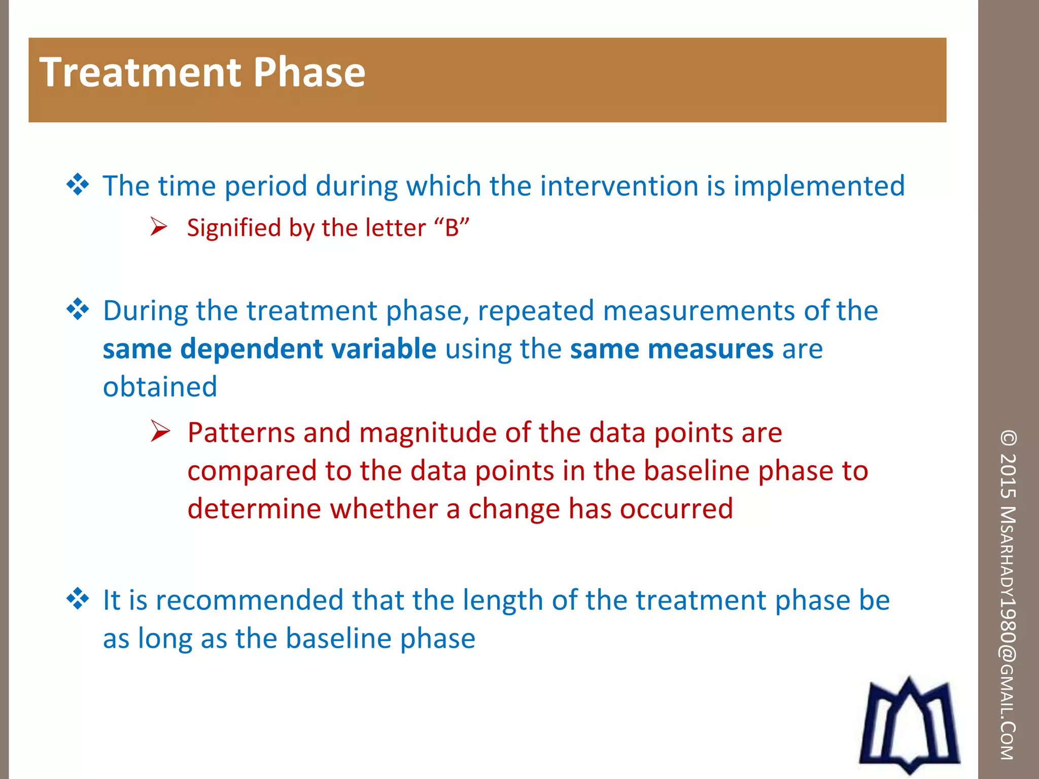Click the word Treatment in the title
point(140,73)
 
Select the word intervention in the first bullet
point(619,186)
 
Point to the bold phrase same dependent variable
point(269,349)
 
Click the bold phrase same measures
point(671,349)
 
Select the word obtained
point(160,387)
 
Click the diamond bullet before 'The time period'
point(78,185)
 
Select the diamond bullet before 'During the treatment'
point(78,309)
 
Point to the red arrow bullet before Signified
point(159,227)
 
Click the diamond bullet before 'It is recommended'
point(78,599)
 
